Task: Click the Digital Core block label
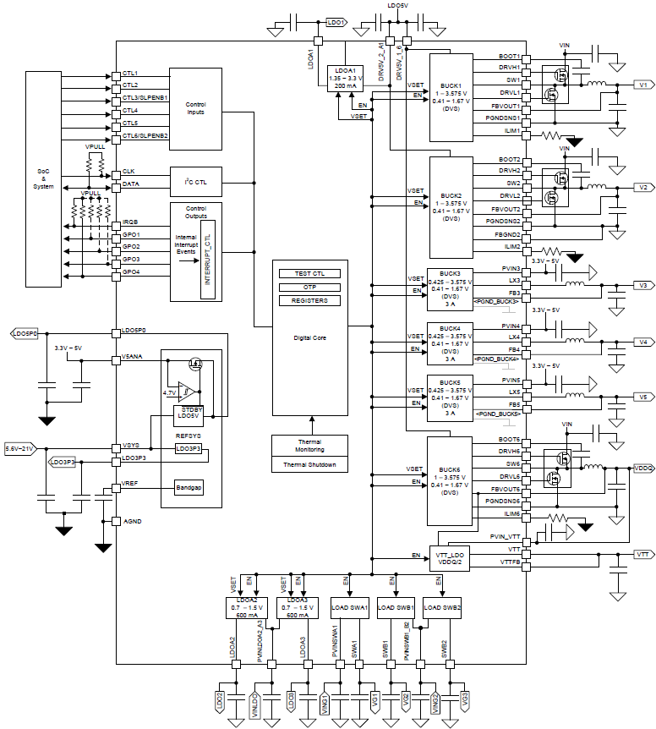click(309, 337)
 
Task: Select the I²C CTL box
click(196, 181)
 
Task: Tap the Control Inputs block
click(196, 109)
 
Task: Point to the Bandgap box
click(189, 488)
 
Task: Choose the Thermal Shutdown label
click(309, 464)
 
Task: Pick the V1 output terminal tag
click(642, 85)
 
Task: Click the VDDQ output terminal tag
click(642, 468)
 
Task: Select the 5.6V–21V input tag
click(19, 448)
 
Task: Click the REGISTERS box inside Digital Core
click(309, 300)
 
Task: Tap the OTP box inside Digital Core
click(309, 287)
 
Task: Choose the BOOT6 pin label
click(509, 441)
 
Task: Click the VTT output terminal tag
click(642, 554)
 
